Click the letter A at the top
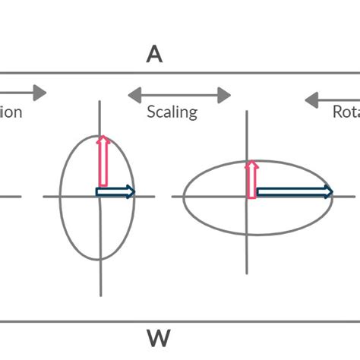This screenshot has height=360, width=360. click(x=155, y=54)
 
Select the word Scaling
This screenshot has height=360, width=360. click(x=172, y=112)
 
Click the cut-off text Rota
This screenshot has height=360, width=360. click(x=346, y=112)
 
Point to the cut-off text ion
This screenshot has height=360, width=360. click(x=11, y=112)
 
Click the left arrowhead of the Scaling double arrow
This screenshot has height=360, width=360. click(x=133, y=95)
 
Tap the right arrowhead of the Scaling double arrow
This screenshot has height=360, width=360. click(x=226, y=95)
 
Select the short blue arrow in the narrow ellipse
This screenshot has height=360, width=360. click(x=115, y=191)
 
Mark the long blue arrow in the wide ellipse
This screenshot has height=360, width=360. click(x=293, y=191)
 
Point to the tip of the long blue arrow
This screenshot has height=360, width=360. click(x=333, y=191)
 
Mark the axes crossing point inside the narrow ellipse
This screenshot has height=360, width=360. click(x=99, y=197)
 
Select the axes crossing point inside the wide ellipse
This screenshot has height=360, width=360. click(x=247, y=197)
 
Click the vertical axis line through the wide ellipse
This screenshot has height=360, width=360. click(x=247, y=251)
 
